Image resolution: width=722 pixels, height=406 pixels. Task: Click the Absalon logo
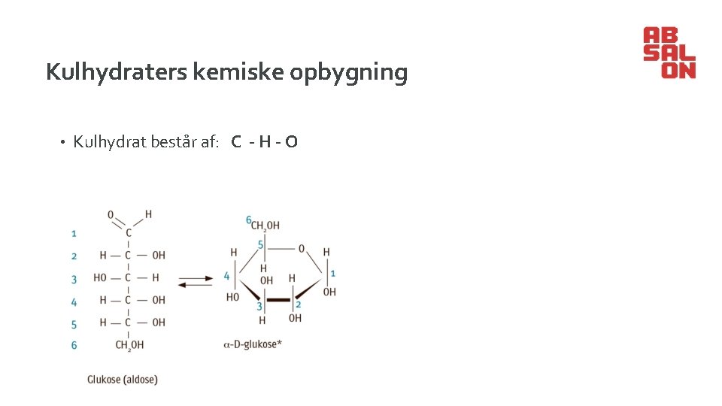click(x=669, y=53)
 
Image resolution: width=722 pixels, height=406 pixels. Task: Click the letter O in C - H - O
click(x=291, y=141)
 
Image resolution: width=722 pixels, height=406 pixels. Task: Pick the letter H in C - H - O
click(x=263, y=141)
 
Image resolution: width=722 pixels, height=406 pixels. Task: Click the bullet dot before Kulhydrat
click(x=65, y=142)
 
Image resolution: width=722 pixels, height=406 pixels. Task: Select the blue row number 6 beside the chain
click(x=74, y=345)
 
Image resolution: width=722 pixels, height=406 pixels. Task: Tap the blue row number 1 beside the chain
click(x=74, y=234)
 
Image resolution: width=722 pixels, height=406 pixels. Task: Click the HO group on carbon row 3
click(x=100, y=277)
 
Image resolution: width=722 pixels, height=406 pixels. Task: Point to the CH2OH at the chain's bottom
click(x=129, y=345)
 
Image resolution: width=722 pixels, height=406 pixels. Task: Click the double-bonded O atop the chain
click(x=111, y=215)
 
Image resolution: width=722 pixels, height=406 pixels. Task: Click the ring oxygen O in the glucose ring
click(x=302, y=248)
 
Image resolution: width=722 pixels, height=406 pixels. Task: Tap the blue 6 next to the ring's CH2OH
click(x=248, y=220)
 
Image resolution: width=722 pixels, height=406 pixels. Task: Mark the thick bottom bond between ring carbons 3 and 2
click(x=279, y=299)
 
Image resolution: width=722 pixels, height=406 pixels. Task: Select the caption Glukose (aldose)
click(x=123, y=380)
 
